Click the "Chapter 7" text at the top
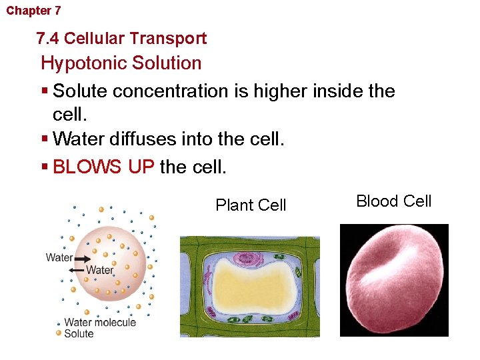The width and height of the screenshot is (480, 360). (33, 11)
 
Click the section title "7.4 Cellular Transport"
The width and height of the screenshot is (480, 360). (121, 39)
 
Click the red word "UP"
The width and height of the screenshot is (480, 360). (141, 167)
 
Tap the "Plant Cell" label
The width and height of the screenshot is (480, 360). (251, 205)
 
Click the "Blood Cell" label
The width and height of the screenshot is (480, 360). (394, 201)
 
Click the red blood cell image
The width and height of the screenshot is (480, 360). (394, 280)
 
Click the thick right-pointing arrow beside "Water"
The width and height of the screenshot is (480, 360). (84, 258)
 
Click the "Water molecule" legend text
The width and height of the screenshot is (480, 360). (100, 323)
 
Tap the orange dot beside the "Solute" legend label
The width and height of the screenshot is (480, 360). (59, 333)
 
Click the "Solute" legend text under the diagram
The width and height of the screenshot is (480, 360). (79, 333)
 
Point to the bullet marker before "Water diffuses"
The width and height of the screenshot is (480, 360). (44, 139)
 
